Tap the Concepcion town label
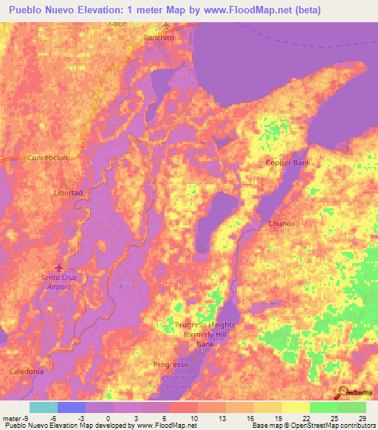coord(47,158)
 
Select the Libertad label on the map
coord(68,192)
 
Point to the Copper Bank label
coord(289,163)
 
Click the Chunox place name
coord(281,223)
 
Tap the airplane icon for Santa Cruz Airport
coord(60,267)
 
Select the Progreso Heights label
coord(195,325)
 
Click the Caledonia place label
coord(27,371)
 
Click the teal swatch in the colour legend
coord(44,407)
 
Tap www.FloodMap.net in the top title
coord(254,10)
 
